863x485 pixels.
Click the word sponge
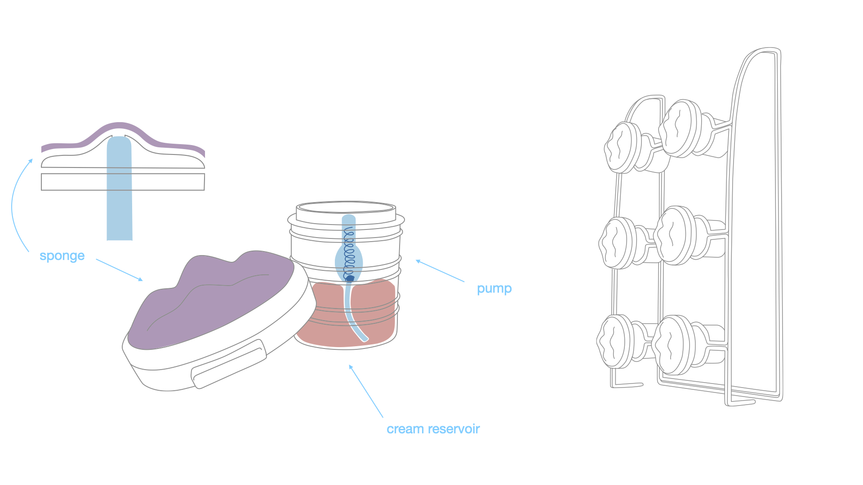pyautogui.click(x=62, y=256)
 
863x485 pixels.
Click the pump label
pyautogui.click(x=494, y=288)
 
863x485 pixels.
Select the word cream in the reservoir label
pyautogui.click(x=405, y=429)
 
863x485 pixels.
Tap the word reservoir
pyautogui.click(x=454, y=429)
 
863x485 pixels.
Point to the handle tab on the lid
pyautogui.click(x=228, y=364)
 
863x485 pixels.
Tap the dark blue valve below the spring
pyautogui.click(x=350, y=278)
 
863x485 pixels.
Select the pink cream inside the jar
pyautogui.click(x=378, y=314)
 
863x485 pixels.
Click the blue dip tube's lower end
pyautogui.click(x=364, y=338)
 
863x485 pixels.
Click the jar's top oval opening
pyautogui.click(x=346, y=207)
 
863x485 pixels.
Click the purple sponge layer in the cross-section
pyautogui.click(x=119, y=128)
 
